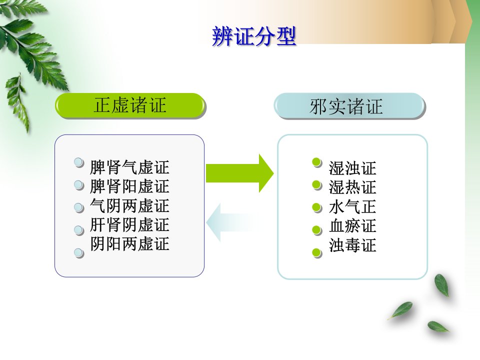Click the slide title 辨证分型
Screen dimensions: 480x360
pos(254,36)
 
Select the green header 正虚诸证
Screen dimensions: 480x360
pos(130,105)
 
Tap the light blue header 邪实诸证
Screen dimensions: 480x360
pos(349,106)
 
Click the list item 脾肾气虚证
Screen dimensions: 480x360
pos(129,167)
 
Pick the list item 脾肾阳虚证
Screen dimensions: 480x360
pos(129,186)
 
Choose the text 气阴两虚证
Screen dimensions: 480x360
pos(129,205)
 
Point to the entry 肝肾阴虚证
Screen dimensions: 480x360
pos(129,225)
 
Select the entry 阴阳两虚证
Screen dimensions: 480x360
pos(129,244)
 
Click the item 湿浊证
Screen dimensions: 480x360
pos(352,168)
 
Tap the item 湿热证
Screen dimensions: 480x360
pos(352,187)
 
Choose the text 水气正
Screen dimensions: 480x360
pos(352,206)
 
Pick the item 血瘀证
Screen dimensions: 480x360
pos(352,226)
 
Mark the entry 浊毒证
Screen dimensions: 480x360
pos(352,245)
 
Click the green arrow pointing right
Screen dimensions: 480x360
pos(239,173)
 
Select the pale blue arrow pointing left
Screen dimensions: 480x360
pos(230,222)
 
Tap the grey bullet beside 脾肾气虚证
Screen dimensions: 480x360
pos(79,162)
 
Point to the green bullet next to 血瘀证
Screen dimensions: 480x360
pos(317,230)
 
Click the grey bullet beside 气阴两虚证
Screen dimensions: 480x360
pos(79,207)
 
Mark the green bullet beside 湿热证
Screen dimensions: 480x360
pos(317,185)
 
